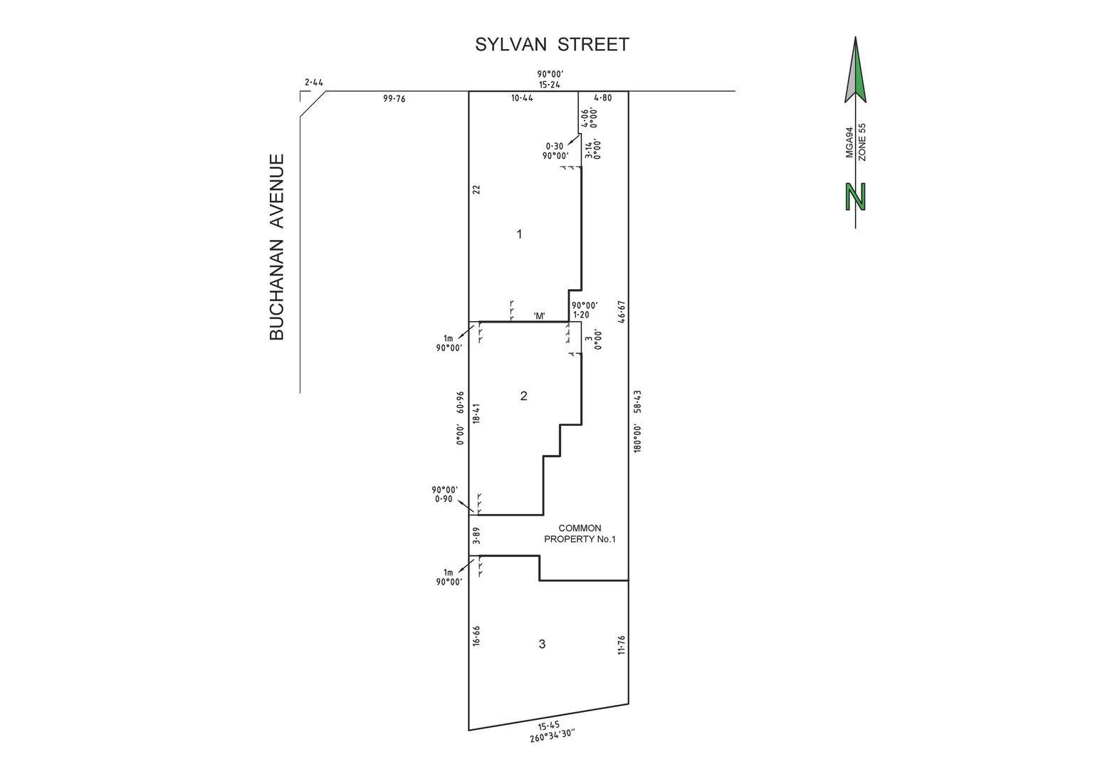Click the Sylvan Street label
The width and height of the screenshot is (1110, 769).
[552, 45]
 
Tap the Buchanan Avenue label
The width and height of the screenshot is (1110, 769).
[277, 247]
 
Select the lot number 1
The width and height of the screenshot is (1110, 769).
[519, 234]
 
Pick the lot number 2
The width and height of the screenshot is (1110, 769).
[524, 396]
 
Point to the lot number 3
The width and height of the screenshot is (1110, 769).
[542, 644]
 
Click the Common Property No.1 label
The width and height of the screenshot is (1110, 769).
[580, 533]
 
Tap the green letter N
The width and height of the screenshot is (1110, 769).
[856, 197]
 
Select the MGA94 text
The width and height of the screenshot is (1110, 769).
[849, 142]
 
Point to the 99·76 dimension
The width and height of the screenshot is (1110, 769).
[394, 98]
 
